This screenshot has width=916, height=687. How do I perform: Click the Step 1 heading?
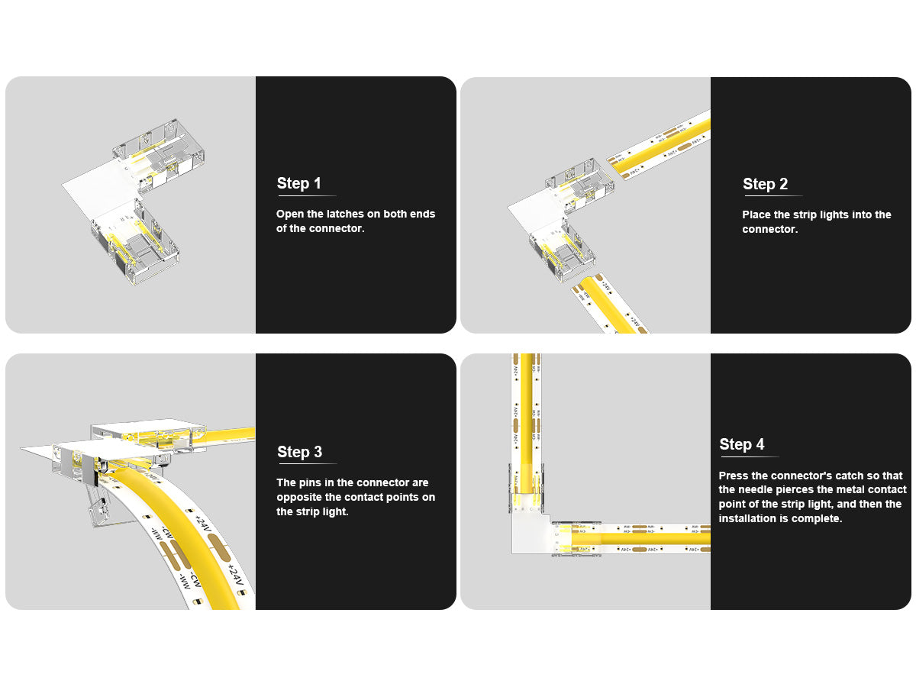coord(298,183)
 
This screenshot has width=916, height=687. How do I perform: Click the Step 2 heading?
coord(765,184)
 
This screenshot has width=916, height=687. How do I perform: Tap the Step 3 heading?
coord(300,452)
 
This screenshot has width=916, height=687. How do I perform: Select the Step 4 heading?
coord(741,444)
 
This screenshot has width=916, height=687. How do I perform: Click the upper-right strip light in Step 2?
coord(660,144)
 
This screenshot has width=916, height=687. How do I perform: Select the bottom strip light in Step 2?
coord(609,304)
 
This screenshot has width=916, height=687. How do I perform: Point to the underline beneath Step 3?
coord(307,463)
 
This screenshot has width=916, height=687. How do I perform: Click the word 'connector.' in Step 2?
coord(770,230)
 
